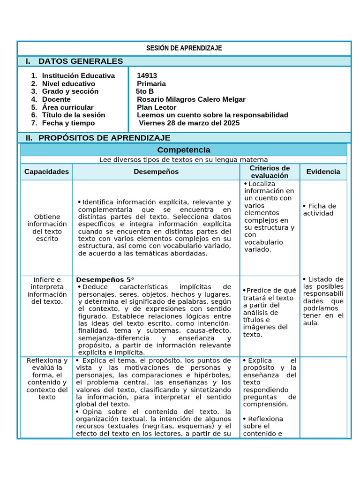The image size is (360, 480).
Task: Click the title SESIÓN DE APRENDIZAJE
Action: pyautogui.click(x=184, y=48)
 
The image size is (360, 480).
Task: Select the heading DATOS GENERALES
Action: pyautogui.click(x=80, y=61)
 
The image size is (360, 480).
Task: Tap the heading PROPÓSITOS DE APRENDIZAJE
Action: pyautogui.click(x=104, y=138)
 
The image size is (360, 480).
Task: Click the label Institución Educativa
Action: pyautogui.click(x=78, y=75)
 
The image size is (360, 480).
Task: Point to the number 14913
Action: pyautogui.click(x=147, y=75)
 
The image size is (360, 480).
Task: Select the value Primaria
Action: pyautogui.click(x=151, y=83)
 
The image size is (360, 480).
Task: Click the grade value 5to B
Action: pyautogui.click(x=144, y=91)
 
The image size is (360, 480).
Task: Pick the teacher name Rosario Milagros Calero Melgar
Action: pyautogui.click(x=191, y=99)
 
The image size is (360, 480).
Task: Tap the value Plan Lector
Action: pyautogui.click(x=156, y=107)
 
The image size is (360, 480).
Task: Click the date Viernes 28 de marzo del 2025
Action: pyautogui.click(x=189, y=123)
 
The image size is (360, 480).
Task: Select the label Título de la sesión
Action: pyautogui.click(x=73, y=115)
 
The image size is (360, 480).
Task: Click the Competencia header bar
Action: pyautogui.click(x=183, y=150)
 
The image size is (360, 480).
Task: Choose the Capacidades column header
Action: pyautogui.click(x=46, y=172)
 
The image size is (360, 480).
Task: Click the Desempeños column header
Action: pyautogui.click(x=156, y=172)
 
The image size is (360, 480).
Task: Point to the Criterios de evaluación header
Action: pyautogui.click(x=270, y=172)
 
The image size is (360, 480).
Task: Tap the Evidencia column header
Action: pyautogui.click(x=323, y=172)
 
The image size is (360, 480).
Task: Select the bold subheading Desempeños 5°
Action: pyautogui.click(x=105, y=279)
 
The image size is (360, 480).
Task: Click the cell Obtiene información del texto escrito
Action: pyautogui.click(x=46, y=227)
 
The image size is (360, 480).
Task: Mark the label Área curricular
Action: pyautogui.click(x=67, y=107)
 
